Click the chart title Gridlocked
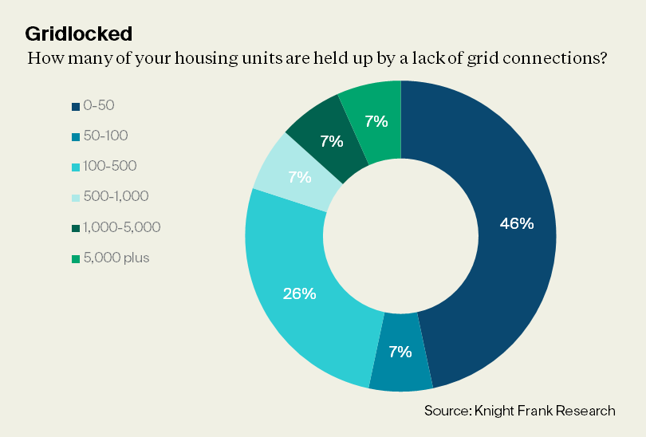pyautogui.click(x=79, y=34)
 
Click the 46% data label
pyautogui.click(x=516, y=223)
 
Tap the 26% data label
pyautogui.click(x=300, y=293)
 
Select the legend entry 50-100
pyautogui.click(x=105, y=136)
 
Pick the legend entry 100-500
pyautogui.click(x=110, y=166)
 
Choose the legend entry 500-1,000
pyautogui.click(x=116, y=196)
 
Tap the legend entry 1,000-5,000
pyautogui.click(x=122, y=227)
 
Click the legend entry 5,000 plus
pyautogui.click(x=116, y=258)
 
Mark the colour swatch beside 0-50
pyautogui.click(x=75, y=106)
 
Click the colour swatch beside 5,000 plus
pyautogui.click(x=75, y=258)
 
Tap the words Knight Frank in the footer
pyautogui.click(x=519, y=411)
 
